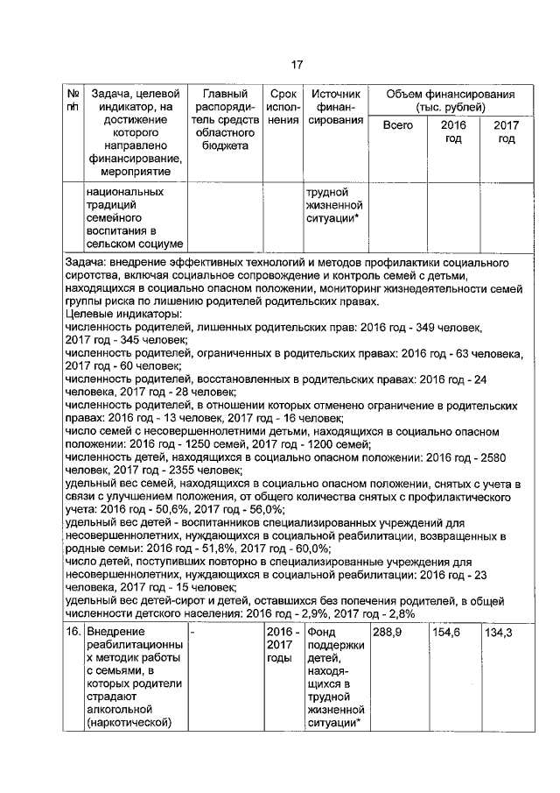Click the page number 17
click(x=297, y=64)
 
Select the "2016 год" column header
click(x=452, y=132)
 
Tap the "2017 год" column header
click(x=506, y=132)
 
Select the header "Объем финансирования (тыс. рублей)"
click(x=451, y=100)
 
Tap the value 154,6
click(x=446, y=632)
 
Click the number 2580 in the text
click(x=507, y=456)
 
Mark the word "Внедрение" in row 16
click(x=115, y=632)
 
